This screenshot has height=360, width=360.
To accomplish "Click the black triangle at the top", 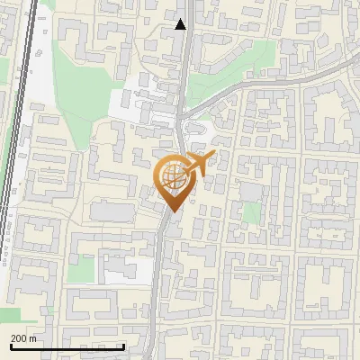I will (x=181, y=25).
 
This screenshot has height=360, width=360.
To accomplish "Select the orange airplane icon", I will (x=200, y=165).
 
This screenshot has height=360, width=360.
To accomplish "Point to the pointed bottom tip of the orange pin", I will (x=172, y=212).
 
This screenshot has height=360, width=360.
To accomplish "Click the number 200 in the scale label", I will (x=20, y=338).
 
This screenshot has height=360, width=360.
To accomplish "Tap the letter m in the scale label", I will (x=34, y=338).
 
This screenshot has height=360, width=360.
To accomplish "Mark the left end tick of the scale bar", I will (x=11, y=346).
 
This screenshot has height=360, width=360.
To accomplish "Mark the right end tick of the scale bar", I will (x=124, y=346).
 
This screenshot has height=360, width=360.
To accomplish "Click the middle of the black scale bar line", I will (x=67, y=347).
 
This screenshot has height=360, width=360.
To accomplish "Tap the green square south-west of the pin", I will (x=84, y=268).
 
